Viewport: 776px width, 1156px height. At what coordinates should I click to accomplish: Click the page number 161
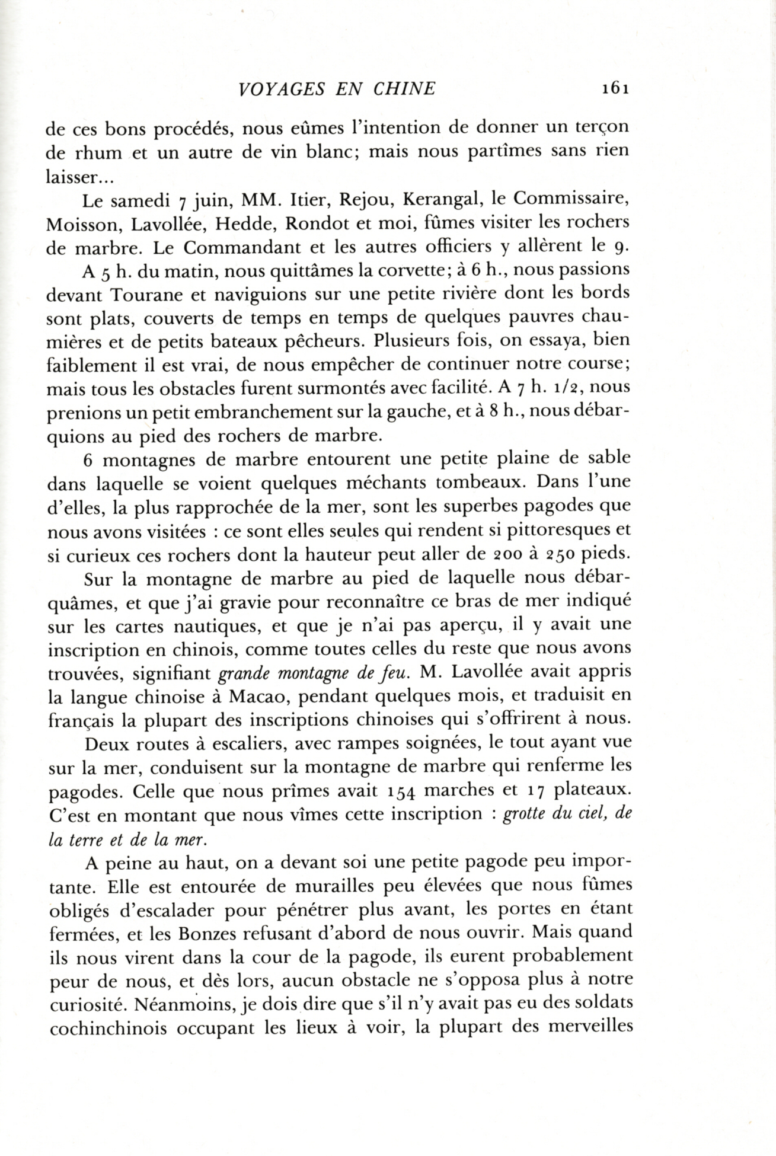(x=614, y=89)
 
